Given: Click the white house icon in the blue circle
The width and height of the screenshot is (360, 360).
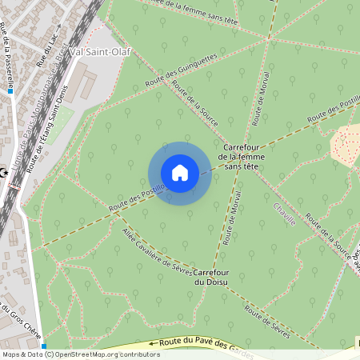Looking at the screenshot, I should pyautogui.click(x=179, y=173).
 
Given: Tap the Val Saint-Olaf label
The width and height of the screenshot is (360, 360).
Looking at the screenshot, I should pyautogui.click(x=100, y=52).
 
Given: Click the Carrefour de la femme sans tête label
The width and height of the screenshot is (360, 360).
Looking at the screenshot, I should pyautogui.click(x=246, y=157).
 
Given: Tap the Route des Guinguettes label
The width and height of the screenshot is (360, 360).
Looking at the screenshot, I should pyautogui.click(x=181, y=72).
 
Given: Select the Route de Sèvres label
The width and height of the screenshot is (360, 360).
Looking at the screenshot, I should pyautogui.click(x=266, y=319).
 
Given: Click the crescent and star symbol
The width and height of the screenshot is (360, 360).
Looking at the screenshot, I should pyautogui.click(x=5, y=172).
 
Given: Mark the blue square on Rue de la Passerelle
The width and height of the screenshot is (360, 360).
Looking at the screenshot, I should pyautogui.click(x=10, y=91).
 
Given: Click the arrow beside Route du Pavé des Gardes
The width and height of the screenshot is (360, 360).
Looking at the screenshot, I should pyautogui.click(x=154, y=344).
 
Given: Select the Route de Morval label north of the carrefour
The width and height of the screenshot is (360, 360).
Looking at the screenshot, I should pyautogui.click(x=260, y=102).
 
